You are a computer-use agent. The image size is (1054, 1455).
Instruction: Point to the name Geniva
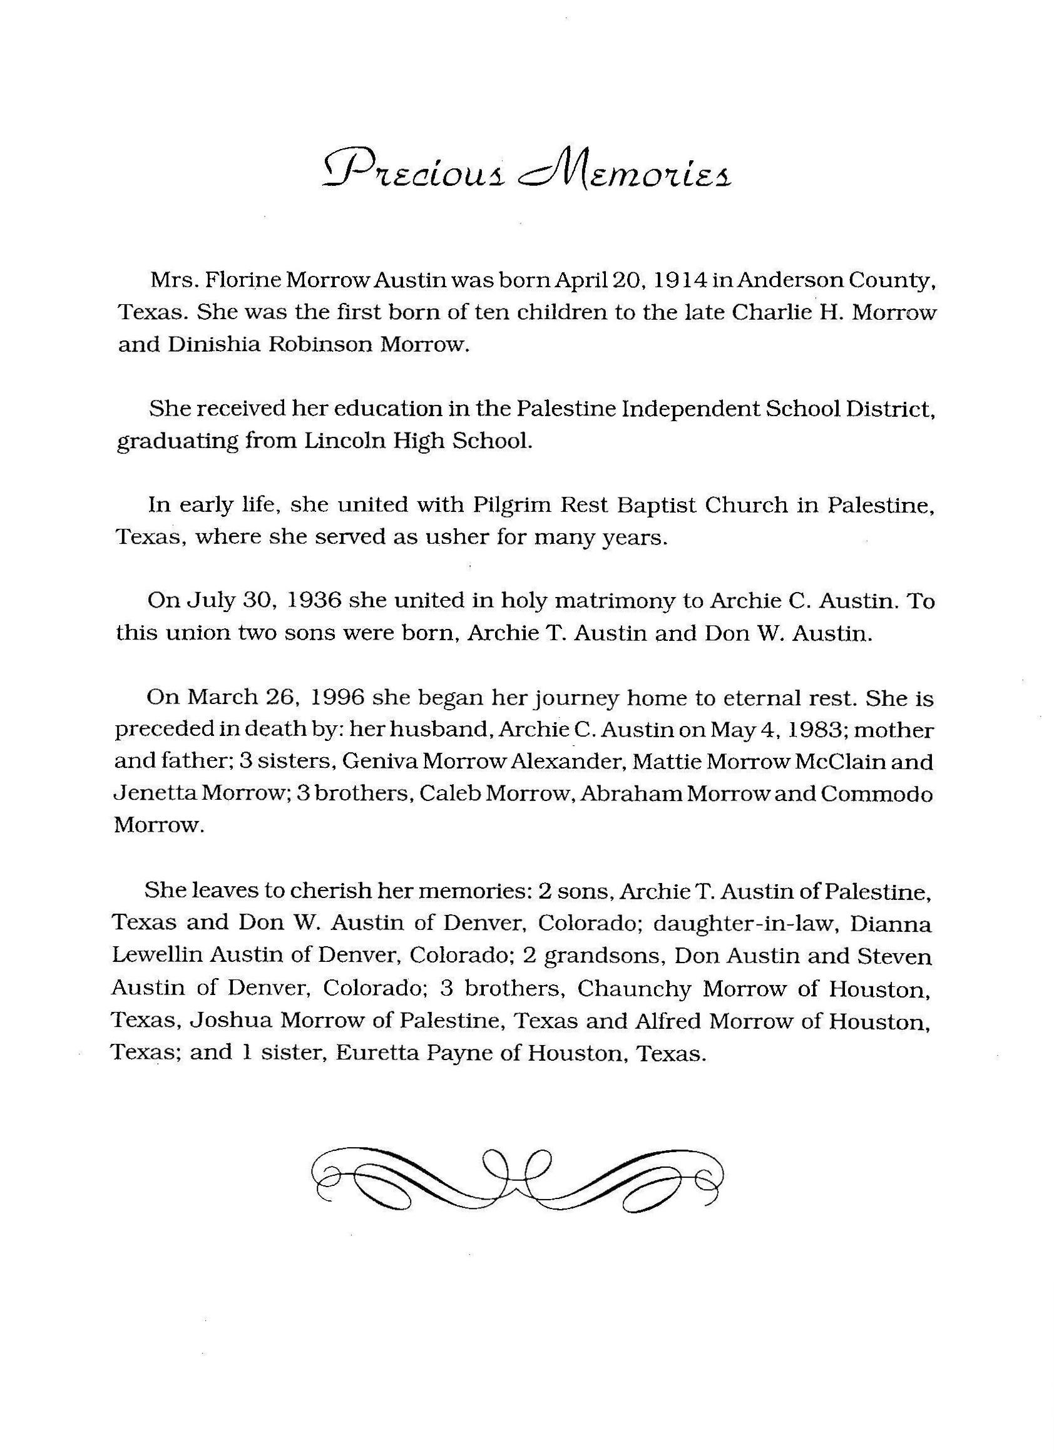click(x=379, y=762)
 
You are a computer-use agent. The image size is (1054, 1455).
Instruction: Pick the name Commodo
click(x=876, y=794)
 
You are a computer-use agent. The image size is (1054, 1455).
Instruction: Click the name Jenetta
click(x=155, y=794)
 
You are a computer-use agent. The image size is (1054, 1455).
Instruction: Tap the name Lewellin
click(x=158, y=956)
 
